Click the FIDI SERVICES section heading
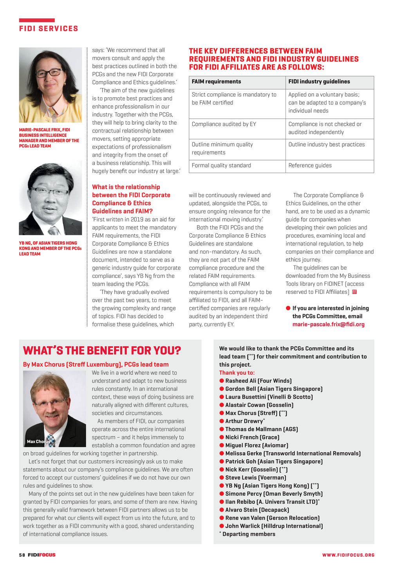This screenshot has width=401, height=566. tap(49, 29)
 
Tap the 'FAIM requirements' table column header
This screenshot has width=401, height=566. tap(216, 82)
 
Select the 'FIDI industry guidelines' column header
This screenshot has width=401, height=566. tap(319, 82)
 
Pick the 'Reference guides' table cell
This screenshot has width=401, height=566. tap(310, 166)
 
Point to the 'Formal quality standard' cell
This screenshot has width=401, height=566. tap(221, 166)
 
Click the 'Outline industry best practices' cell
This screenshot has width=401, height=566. tap(326, 145)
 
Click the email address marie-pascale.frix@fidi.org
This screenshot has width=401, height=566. tap(328, 324)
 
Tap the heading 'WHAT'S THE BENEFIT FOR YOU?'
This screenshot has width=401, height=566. tap(102, 350)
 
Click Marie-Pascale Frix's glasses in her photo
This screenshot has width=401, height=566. tap(49, 73)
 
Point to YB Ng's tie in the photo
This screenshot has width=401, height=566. tap(53, 230)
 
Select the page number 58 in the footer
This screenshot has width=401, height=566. tap(22, 555)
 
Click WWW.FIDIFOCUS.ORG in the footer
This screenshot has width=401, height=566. tap(348, 555)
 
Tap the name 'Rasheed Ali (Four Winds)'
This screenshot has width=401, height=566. tap(258, 381)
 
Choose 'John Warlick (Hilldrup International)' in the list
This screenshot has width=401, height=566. tap(274, 526)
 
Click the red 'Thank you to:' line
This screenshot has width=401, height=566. tap(237, 373)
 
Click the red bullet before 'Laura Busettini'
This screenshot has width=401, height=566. tap(222, 397)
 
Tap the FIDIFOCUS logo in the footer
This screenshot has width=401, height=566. tap(42, 555)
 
